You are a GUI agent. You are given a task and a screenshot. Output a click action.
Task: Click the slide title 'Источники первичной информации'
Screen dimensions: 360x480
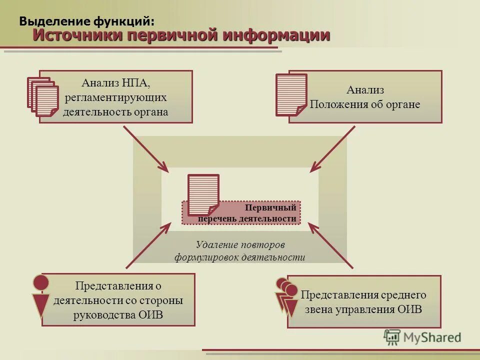[x=181, y=35]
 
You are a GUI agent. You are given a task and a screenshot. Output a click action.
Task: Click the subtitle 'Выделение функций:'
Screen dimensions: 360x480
[x=86, y=21]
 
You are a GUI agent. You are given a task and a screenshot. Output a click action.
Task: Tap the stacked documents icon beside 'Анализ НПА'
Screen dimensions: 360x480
[x=43, y=96]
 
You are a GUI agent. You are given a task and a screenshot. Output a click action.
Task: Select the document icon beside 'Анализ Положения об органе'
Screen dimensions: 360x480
[x=291, y=94]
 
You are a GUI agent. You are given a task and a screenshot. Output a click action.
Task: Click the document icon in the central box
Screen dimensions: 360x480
[x=203, y=194]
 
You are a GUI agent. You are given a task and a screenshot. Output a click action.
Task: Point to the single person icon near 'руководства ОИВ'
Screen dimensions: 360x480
[x=41, y=296]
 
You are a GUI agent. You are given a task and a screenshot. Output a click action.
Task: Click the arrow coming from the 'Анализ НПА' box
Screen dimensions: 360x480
[x=145, y=148]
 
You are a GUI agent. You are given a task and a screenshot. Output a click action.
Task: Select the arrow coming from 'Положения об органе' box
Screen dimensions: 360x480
[x=332, y=148]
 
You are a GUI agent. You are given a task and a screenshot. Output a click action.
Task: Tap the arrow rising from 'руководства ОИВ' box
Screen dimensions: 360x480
[x=147, y=246]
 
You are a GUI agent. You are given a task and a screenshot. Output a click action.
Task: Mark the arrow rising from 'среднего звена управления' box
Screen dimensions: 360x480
[x=330, y=244]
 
